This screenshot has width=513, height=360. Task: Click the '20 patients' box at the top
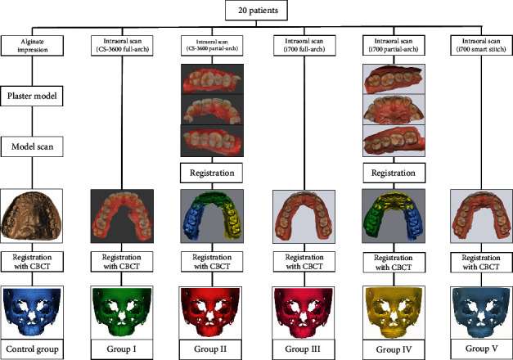click(x=257, y=11)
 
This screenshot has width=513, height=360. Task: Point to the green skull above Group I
click(x=121, y=313)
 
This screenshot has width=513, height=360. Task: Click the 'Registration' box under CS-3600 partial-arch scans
click(x=208, y=173)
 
